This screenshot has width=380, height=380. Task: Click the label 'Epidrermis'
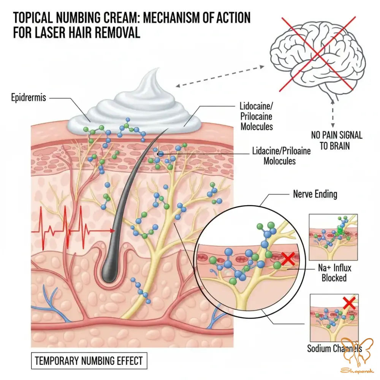tap(28, 98)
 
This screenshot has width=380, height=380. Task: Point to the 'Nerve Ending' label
tap(315, 194)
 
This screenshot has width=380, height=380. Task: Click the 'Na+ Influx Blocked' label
tap(334, 272)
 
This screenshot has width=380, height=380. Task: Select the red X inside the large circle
tap(289, 259)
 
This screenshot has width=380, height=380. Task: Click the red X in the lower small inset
tap(348, 302)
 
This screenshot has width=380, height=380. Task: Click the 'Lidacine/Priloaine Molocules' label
tap(281, 156)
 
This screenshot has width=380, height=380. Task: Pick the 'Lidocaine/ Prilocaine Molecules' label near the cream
tap(256, 116)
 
